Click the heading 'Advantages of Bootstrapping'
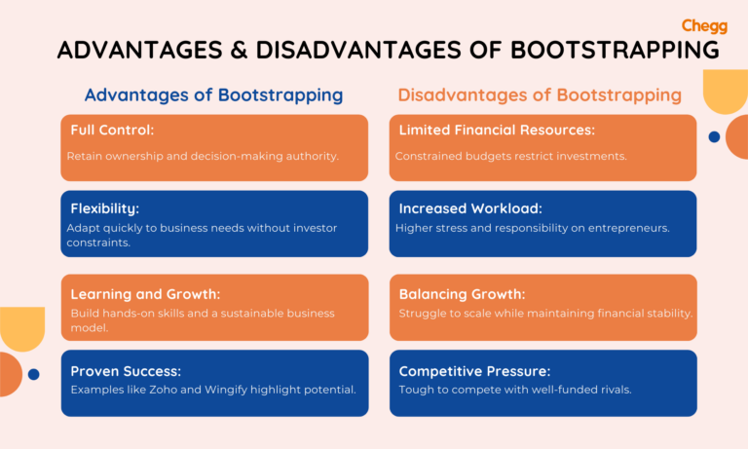click(213, 95)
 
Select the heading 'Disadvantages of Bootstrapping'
click(539, 95)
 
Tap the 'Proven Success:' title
click(126, 371)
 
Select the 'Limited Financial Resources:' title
click(497, 130)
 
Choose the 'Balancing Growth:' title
click(462, 293)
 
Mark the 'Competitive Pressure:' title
click(474, 371)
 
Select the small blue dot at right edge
click(714, 137)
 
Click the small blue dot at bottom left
click(33, 374)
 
